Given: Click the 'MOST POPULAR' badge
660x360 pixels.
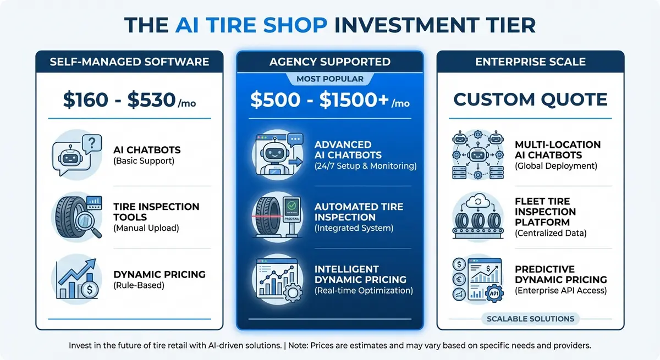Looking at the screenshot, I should tap(329, 79).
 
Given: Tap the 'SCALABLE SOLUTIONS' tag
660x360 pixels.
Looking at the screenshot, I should tap(530, 319).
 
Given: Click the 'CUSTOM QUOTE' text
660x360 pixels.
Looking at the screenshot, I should tap(530, 99).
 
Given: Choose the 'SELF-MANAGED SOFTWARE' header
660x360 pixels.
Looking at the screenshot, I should tap(129, 62).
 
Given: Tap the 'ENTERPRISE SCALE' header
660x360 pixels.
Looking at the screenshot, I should tap(530, 62).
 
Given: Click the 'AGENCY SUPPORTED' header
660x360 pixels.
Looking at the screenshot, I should tap(329, 62).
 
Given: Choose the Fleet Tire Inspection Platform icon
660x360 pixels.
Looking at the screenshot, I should tap(477, 217).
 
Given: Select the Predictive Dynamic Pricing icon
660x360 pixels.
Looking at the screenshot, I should tap(477, 279).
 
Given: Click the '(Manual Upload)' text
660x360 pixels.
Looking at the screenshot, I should tap(146, 228).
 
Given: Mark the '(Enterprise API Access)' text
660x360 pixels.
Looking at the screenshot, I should tap(560, 290).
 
